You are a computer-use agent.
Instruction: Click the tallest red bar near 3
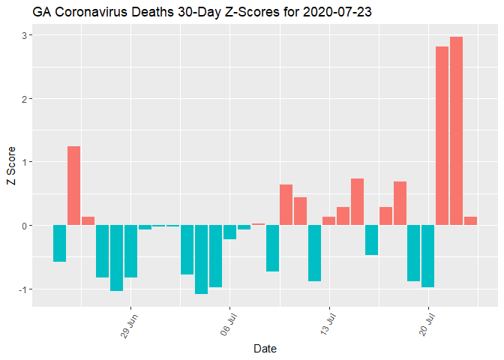tap(456, 131)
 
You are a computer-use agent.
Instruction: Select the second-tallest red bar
tap(442, 136)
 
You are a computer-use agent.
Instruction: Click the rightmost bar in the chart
tap(470, 221)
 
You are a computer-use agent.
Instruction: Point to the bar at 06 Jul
tap(229, 232)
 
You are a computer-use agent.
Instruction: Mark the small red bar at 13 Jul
tap(328, 221)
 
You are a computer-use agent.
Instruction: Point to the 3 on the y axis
tap(24, 35)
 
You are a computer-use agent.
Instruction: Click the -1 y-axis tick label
tap(22, 289)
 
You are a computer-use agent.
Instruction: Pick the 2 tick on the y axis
tap(24, 99)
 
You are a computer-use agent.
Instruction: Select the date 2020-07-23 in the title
tap(339, 13)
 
